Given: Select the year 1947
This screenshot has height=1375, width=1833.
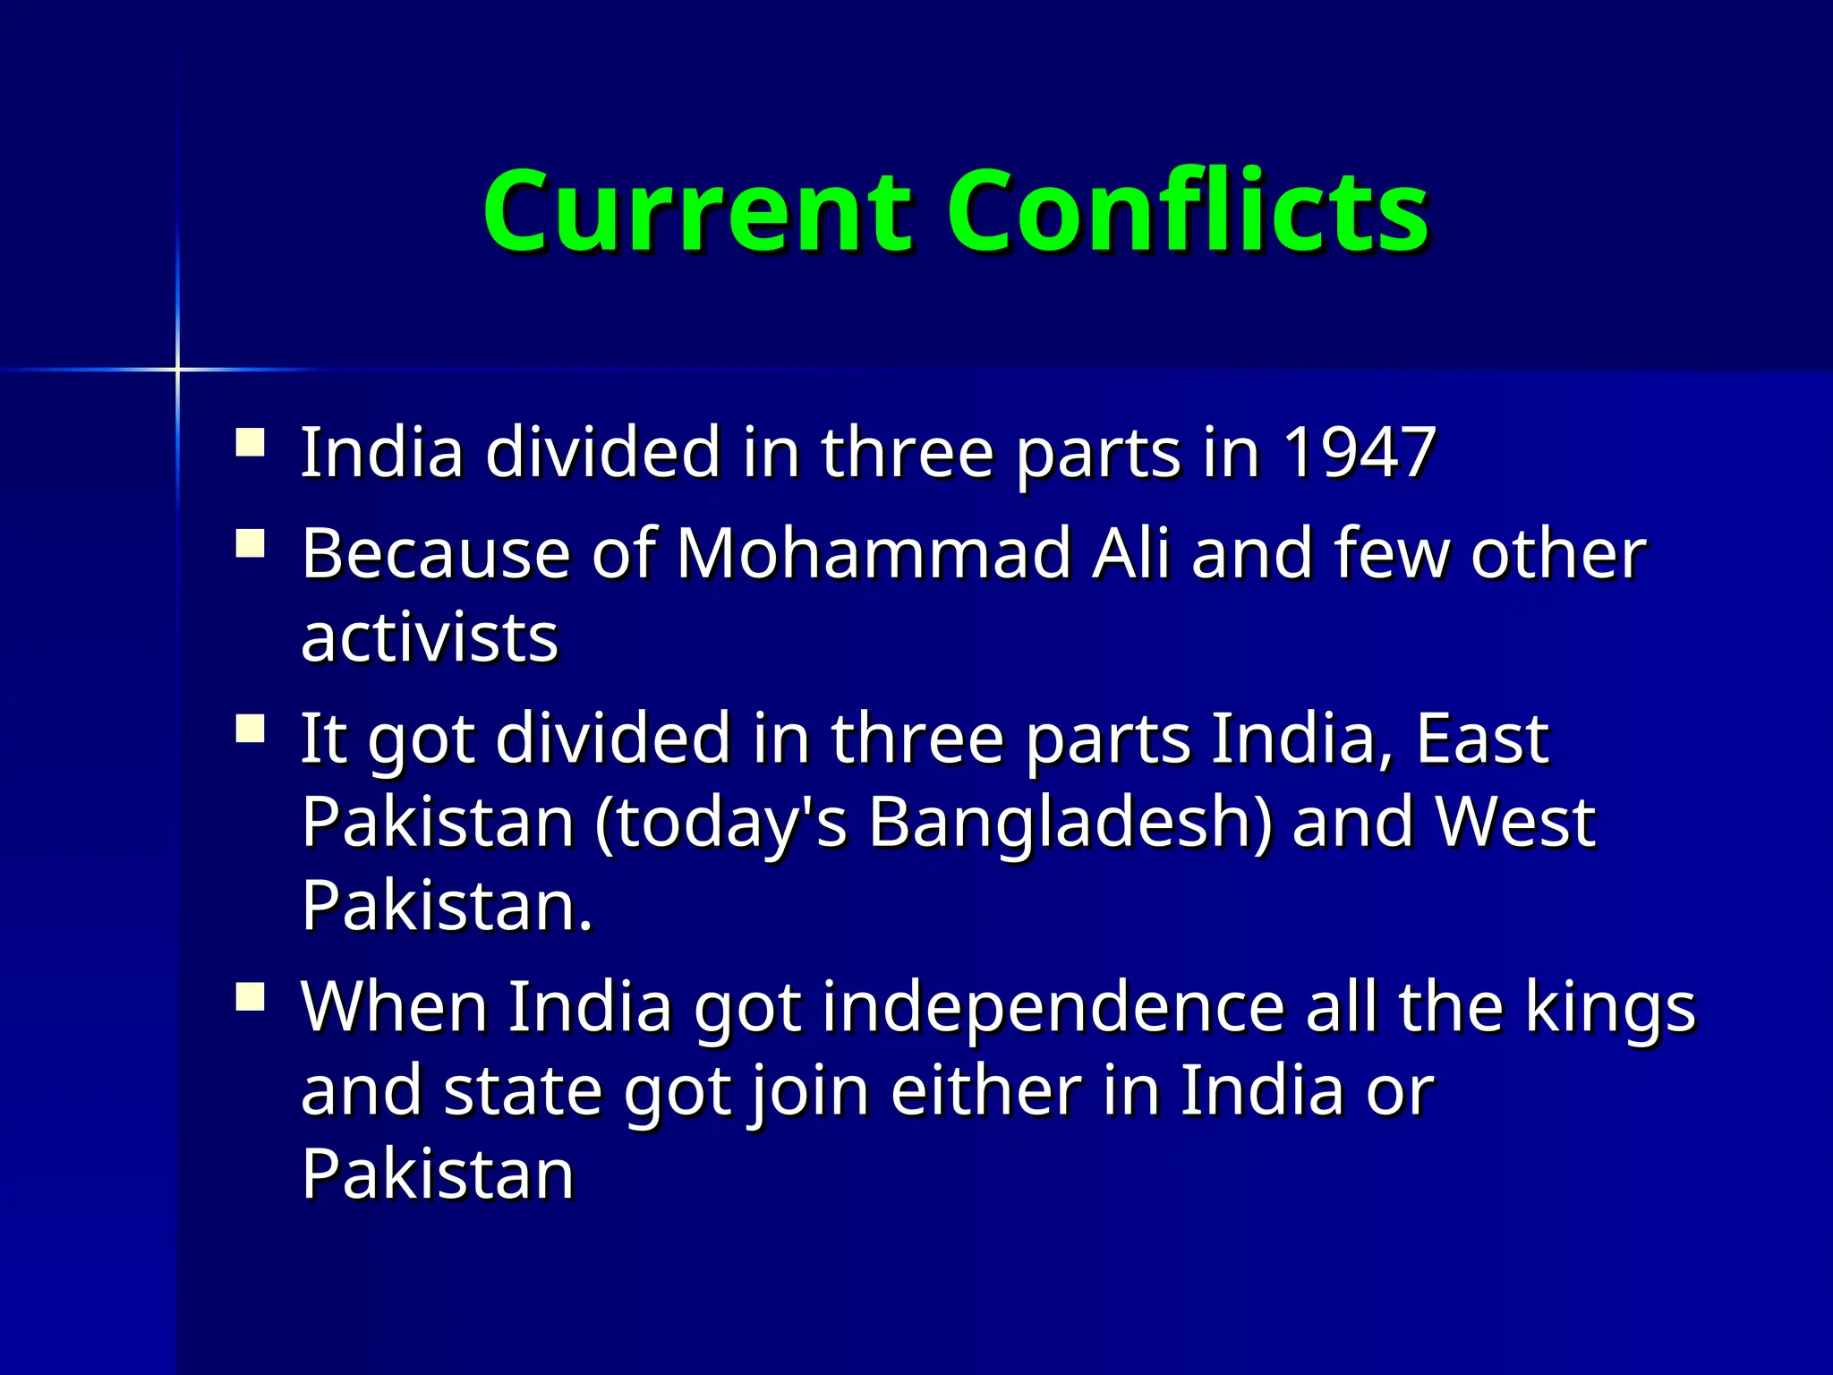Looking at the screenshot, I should click(1359, 453).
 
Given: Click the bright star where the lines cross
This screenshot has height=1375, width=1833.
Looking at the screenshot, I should click(177, 369).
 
